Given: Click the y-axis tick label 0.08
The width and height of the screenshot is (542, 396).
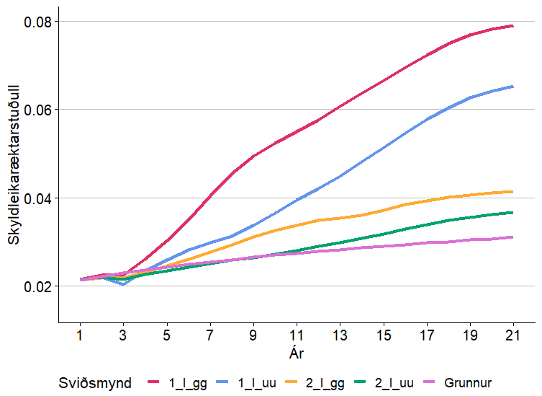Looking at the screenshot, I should click(36, 22).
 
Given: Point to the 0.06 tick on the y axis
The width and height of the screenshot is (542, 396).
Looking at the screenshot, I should click(36, 110).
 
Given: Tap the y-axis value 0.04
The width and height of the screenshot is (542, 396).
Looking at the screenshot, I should click(36, 198).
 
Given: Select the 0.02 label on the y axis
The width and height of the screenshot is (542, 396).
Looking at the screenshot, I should click(36, 286).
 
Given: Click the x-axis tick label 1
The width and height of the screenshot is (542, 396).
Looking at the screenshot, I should click(80, 335).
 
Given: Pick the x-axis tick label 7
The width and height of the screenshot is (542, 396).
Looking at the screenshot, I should click(210, 335).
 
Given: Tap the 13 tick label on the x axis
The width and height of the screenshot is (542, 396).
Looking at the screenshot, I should click(340, 335).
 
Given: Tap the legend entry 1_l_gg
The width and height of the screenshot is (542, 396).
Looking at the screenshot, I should click(188, 383).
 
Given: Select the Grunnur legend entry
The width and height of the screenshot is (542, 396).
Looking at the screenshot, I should click(468, 383).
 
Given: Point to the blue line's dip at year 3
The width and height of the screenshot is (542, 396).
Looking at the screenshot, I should click(123, 284).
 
